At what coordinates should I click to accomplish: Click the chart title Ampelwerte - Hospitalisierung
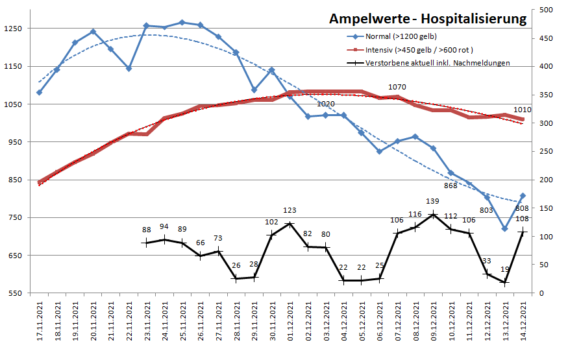(428, 19)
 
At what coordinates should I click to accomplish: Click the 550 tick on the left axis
(15, 293)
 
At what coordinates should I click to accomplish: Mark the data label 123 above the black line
(290, 210)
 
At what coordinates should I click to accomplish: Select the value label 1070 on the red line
(397, 87)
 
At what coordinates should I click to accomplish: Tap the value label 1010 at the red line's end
(523, 110)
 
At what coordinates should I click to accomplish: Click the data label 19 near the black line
(505, 269)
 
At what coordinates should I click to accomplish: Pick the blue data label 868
(451, 186)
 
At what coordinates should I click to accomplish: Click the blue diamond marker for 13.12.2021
(504, 228)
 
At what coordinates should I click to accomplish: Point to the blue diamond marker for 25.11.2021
(182, 22)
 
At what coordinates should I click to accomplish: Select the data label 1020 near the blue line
(326, 104)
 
